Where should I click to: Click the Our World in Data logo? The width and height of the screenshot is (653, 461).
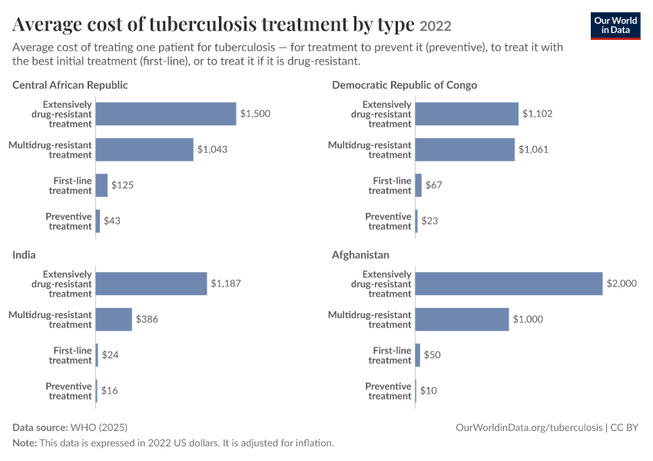click(x=615, y=26)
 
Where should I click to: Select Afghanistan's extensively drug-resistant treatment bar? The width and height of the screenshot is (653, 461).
click(x=509, y=284)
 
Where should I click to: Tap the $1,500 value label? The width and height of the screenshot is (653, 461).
click(x=255, y=114)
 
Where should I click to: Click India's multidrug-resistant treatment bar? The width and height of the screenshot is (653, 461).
click(x=114, y=320)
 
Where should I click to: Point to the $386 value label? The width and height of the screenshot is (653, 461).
click(x=147, y=320)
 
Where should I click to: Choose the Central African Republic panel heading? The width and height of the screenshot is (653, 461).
click(x=70, y=85)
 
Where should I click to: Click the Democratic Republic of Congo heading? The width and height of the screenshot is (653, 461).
click(x=404, y=85)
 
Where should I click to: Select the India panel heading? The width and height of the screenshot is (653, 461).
click(x=24, y=255)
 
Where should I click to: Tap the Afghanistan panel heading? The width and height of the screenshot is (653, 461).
click(x=360, y=255)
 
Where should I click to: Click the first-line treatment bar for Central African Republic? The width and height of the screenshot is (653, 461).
click(x=101, y=185)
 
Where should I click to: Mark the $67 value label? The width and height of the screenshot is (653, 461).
click(x=434, y=185)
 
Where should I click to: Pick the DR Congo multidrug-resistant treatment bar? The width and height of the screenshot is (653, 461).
click(x=465, y=150)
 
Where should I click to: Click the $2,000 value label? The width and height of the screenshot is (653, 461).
click(x=622, y=284)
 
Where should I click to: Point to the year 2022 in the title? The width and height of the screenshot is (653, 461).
click(x=435, y=26)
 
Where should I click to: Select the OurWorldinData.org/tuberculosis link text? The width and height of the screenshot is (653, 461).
click(x=529, y=428)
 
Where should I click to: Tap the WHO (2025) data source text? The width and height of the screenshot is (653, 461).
click(x=99, y=428)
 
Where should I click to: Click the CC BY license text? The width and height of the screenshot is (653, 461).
click(x=624, y=428)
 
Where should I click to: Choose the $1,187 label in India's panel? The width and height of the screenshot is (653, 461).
click(x=226, y=284)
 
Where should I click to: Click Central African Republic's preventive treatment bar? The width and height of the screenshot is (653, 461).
click(x=98, y=221)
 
